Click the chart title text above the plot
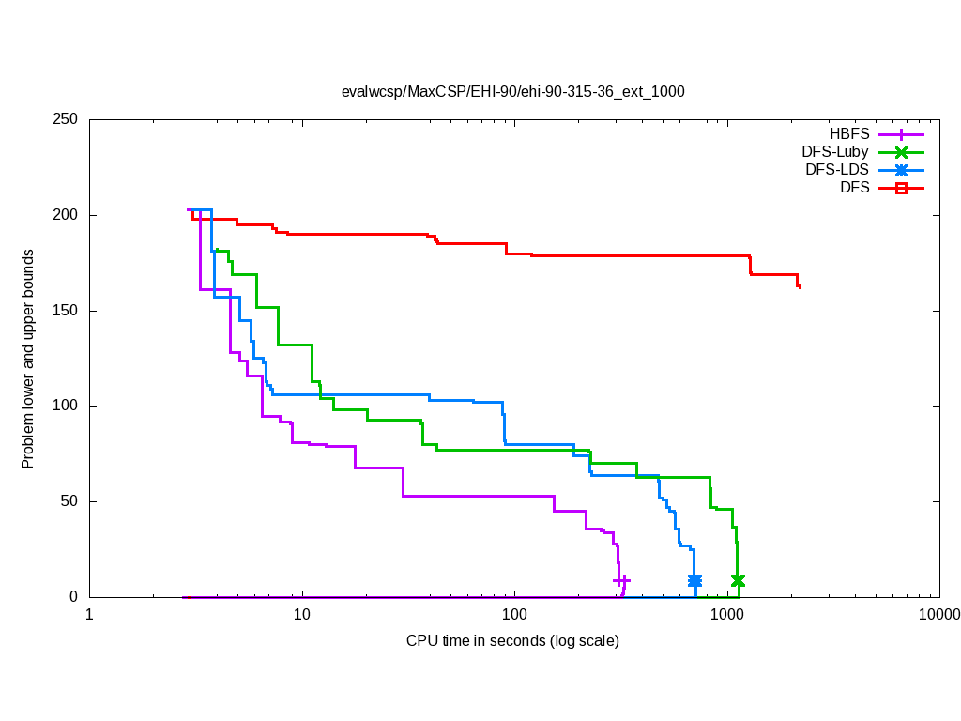tap(512, 92)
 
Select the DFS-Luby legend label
tap(835, 152)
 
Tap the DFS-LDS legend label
tap(837, 170)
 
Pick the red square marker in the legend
tap(900, 188)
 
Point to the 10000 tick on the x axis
tap(938, 615)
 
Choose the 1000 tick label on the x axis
tap(727, 615)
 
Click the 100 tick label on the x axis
tap(514, 615)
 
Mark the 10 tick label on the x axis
tap(302, 615)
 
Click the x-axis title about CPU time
tap(512, 641)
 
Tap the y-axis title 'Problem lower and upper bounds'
tap(28, 360)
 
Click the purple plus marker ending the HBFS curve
tap(621, 581)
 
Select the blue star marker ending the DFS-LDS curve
tap(694, 581)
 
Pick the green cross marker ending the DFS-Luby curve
tap(738, 581)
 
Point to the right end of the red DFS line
tap(800, 287)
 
